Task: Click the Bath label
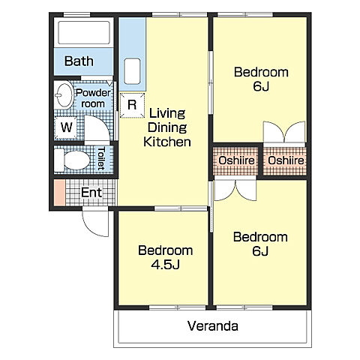[79, 61]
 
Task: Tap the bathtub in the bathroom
[84, 33]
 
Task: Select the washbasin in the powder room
[64, 95]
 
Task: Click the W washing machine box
[66, 127]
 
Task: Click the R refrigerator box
[132, 105]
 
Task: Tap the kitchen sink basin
[132, 71]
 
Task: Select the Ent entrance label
[91, 193]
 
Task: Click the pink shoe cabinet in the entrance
[60, 193]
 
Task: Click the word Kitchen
[167, 142]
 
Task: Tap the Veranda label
[213, 326]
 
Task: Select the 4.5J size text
[165, 265]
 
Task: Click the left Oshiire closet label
[236, 160]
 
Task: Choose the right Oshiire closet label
[286, 160]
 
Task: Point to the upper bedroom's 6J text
[261, 86]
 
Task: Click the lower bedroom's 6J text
[260, 251]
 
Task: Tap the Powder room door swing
[97, 129]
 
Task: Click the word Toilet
[101, 158]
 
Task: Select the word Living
[167, 113]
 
